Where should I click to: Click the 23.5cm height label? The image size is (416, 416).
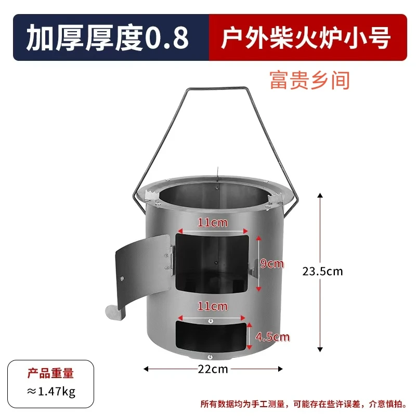tap(323, 271)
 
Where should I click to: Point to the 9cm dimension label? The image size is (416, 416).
tap(272, 264)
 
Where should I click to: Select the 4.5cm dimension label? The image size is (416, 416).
tap(272, 337)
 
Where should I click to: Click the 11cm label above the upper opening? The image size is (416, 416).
tap(212, 223)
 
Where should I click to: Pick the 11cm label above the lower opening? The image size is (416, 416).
tap(212, 306)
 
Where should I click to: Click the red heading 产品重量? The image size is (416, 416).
tap(50, 373)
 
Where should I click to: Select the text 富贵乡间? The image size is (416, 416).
tap(309, 81)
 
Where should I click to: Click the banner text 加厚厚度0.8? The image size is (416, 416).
tap(107, 38)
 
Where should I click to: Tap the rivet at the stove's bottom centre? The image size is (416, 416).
tap(209, 357)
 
